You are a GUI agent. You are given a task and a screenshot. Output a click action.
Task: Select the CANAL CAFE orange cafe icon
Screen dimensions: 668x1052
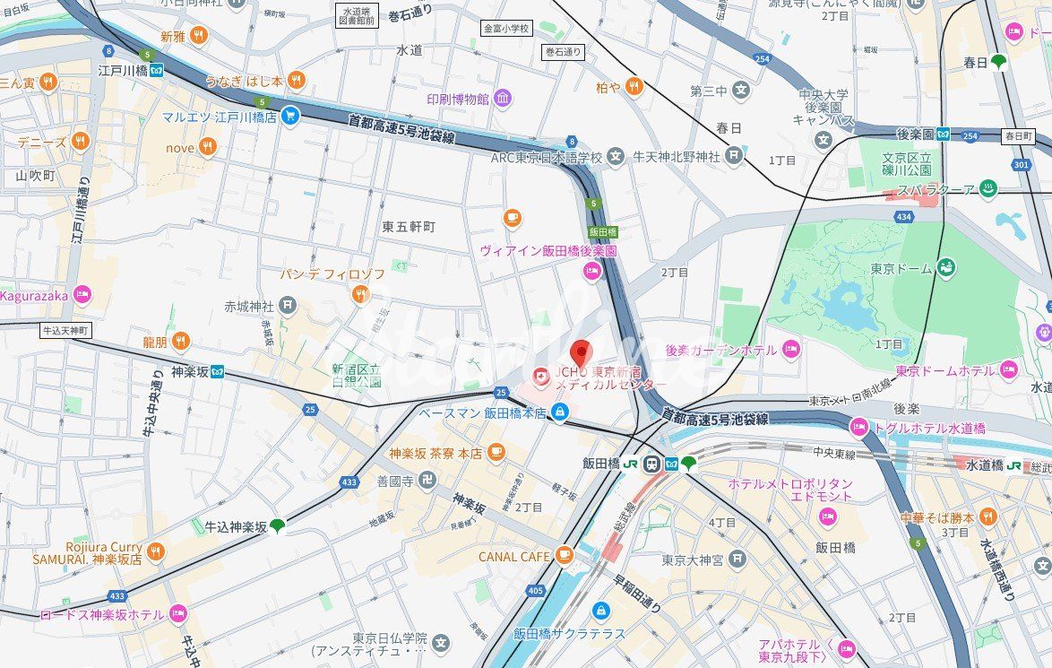(564, 556)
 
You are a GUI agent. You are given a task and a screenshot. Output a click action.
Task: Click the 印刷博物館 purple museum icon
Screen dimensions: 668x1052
(503, 98)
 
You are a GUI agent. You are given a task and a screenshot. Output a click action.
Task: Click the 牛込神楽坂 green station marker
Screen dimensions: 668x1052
(279, 526)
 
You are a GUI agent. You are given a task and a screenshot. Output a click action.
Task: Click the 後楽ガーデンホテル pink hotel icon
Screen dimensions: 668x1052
(790, 350)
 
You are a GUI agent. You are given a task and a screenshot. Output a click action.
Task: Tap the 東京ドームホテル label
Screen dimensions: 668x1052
(944, 370)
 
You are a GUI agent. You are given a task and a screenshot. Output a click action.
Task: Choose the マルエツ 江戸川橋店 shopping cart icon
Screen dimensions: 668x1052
(289, 116)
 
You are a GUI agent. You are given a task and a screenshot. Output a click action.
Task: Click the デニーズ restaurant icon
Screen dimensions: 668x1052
(81, 142)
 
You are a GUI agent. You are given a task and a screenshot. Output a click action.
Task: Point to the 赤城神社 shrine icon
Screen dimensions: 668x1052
(287, 306)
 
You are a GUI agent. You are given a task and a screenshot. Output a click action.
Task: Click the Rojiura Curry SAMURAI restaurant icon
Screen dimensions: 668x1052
(156, 551)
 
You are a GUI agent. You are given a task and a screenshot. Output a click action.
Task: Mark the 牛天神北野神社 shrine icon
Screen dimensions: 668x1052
(734, 156)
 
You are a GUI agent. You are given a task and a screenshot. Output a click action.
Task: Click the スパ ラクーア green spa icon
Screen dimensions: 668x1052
(987, 189)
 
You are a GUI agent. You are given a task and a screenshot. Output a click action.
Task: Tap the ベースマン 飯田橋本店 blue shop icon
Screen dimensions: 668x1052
(560, 412)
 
